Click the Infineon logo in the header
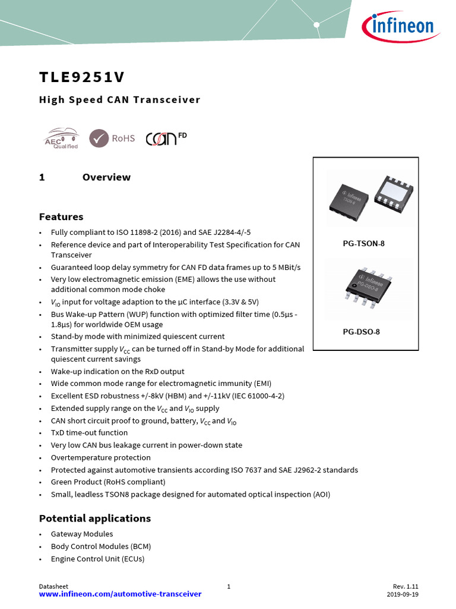coord(398,26)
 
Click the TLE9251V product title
coord(82,78)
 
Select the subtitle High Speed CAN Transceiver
coord(119,100)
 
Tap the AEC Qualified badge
coord(61,138)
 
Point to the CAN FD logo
coord(166,138)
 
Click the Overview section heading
coord(106,177)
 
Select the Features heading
coord(61,216)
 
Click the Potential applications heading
coord(95,518)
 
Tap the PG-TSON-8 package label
coord(363,244)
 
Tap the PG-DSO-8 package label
coord(361,332)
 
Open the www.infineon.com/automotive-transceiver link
coord(120,594)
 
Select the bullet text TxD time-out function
coord(89,433)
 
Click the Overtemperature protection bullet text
coord(100,457)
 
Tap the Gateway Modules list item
coord(82,534)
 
